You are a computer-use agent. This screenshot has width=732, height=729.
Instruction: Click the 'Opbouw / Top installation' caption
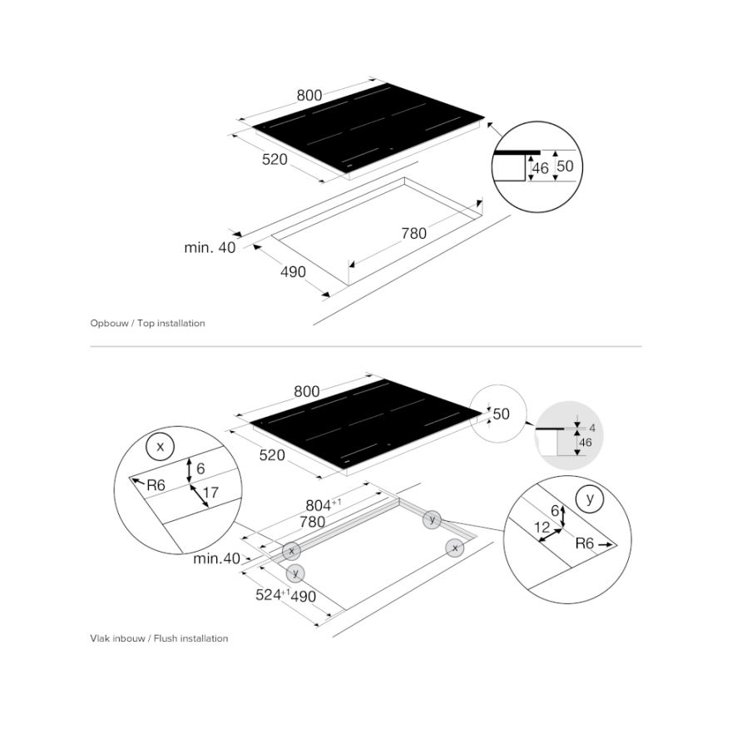click(x=147, y=323)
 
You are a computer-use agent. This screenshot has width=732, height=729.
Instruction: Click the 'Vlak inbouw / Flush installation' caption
click(x=159, y=638)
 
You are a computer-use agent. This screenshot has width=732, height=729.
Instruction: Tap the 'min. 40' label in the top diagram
click(x=210, y=247)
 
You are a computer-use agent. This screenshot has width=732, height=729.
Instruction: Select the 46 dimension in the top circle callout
click(x=540, y=168)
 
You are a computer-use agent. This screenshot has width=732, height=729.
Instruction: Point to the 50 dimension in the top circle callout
click(x=565, y=166)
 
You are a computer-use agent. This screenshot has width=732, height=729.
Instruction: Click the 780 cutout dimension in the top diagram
click(x=414, y=234)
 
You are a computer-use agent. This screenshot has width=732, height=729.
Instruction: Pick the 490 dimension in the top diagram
click(x=293, y=272)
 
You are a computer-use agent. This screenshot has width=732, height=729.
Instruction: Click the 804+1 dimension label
click(x=323, y=505)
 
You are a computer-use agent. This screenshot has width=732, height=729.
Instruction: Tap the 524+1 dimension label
click(x=273, y=594)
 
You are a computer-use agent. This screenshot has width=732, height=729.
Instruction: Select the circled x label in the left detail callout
click(x=160, y=447)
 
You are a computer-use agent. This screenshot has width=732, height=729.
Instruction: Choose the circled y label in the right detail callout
click(x=590, y=498)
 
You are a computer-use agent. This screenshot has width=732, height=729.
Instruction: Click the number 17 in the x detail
click(x=210, y=492)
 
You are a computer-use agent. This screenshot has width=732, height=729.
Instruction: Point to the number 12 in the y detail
click(x=542, y=528)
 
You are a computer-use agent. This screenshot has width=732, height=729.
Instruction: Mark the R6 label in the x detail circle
click(x=156, y=486)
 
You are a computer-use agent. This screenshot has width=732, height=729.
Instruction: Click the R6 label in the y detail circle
click(x=585, y=543)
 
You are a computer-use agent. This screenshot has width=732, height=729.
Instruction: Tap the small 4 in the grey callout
click(x=592, y=429)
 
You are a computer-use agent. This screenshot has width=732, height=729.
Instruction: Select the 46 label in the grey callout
click(x=586, y=442)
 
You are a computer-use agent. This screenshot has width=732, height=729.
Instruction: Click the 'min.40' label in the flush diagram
click(x=216, y=558)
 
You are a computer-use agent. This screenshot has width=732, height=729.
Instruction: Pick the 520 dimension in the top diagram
click(x=274, y=160)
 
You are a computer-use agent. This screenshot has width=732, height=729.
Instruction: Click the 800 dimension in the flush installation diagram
click(x=307, y=391)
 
